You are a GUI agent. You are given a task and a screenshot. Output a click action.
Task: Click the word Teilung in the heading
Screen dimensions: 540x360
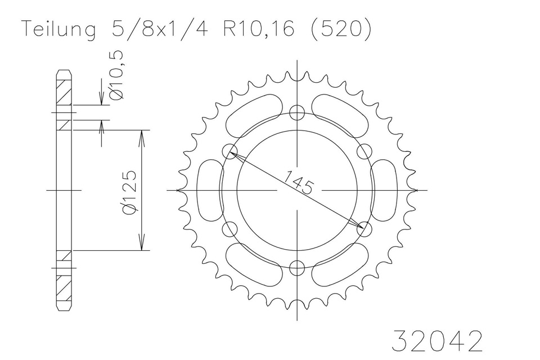pyautogui.click(x=59, y=30)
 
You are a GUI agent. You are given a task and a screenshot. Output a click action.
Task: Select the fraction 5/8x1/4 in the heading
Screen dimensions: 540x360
pyautogui.click(x=160, y=29)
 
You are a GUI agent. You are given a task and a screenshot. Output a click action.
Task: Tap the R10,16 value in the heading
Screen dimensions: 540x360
pyautogui.click(x=259, y=29)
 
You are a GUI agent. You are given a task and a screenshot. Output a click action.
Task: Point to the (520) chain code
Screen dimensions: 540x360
pyautogui.click(x=341, y=29)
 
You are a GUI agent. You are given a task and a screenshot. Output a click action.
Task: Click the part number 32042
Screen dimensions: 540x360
pyautogui.click(x=438, y=341)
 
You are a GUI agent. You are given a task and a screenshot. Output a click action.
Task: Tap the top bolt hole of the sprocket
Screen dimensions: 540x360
pyautogui.click(x=297, y=112)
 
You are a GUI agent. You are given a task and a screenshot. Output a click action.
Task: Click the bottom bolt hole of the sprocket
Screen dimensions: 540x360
pyautogui.click(x=297, y=267)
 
